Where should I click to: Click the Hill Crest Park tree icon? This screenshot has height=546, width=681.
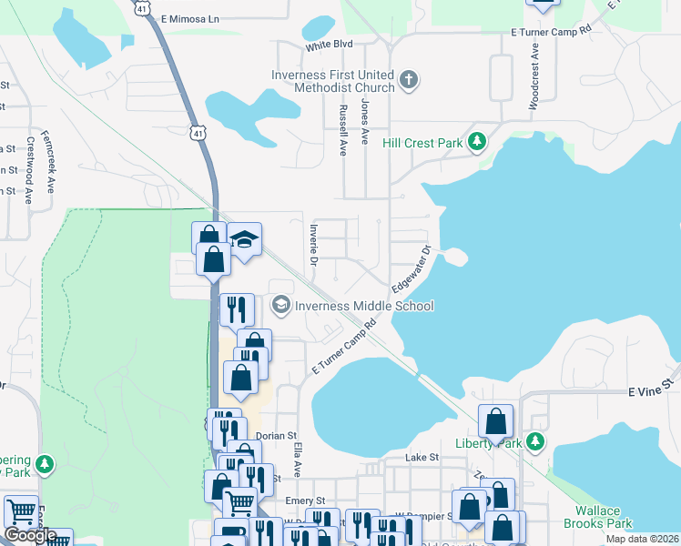[476, 142]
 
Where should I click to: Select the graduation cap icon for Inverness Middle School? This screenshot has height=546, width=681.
[281, 305]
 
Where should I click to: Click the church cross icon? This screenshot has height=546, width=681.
[409, 80]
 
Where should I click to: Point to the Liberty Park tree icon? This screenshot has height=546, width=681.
[536, 442]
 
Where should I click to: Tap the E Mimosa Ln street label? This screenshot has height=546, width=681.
[189, 18]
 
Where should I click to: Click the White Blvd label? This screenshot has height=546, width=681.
[329, 45]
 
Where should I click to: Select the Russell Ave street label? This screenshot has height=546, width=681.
[343, 130]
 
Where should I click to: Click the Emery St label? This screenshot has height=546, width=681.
[305, 500]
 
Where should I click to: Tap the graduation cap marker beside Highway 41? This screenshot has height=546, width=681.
[244, 240]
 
